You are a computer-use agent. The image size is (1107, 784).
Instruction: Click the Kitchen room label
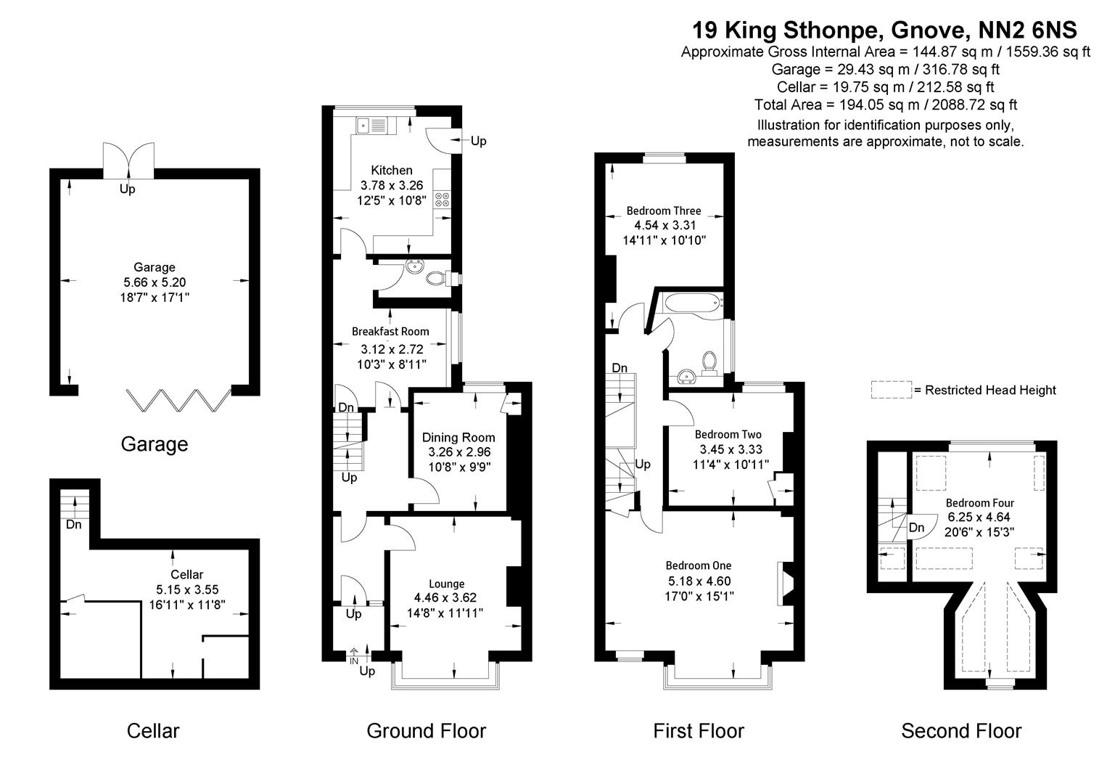pos(392,171)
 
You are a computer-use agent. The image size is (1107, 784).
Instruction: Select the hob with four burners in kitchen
pos(441,200)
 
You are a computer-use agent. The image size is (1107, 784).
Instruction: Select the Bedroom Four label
pos(979,503)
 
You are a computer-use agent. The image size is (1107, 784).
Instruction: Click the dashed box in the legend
pos(891,390)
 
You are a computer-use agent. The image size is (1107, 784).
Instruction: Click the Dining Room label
pos(458,437)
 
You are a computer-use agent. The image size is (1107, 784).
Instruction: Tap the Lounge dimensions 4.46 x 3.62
pos(445,598)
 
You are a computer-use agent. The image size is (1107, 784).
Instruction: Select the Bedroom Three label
pos(664,211)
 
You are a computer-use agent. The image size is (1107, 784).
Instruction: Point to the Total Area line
pos(885,105)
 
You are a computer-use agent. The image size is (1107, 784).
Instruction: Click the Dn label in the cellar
pos(73,524)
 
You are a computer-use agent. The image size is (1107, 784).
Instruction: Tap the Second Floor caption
pos(960,731)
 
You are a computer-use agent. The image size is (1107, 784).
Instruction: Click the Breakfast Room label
pos(390,332)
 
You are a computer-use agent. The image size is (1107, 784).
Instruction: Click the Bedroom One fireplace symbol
pos(784,584)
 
